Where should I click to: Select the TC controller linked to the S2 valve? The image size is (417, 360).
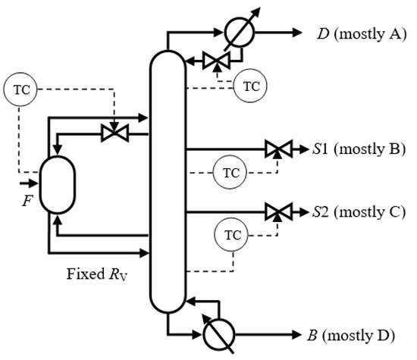[x=230, y=234]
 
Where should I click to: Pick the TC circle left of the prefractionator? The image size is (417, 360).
[x=18, y=89]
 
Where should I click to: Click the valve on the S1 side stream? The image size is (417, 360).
[x=274, y=149]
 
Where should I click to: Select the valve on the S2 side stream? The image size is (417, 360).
[x=274, y=211]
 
